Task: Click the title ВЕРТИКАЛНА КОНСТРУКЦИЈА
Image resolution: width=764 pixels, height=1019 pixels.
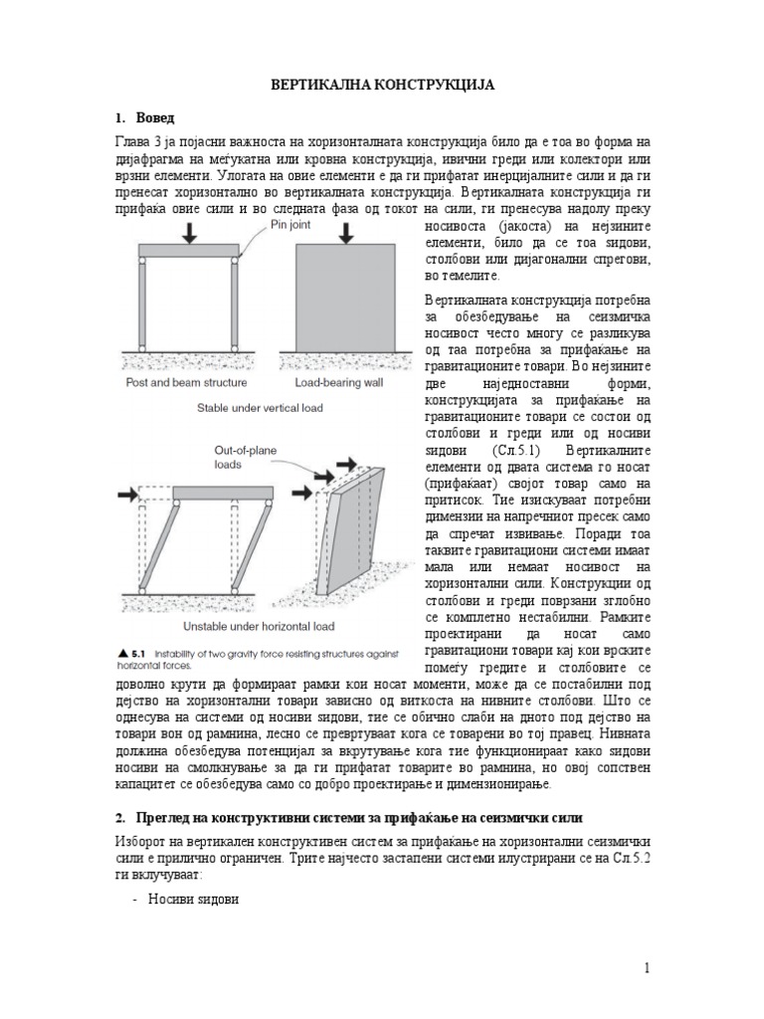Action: (x=382, y=87)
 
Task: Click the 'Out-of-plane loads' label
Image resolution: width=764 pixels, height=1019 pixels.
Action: (x=246, y=457)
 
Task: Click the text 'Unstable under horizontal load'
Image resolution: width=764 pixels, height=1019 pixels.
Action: (x=260, y=627)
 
